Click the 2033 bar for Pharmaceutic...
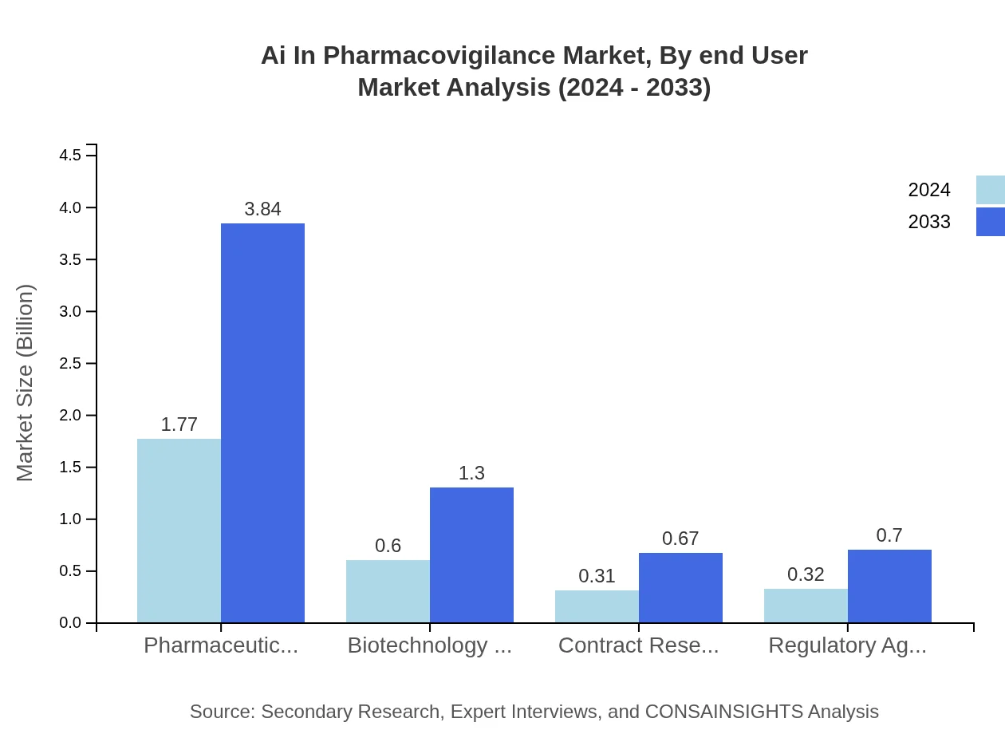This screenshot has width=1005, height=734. pos(262,423)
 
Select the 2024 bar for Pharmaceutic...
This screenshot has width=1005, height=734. pos(179,531)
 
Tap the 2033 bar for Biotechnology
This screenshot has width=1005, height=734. pos(471,554)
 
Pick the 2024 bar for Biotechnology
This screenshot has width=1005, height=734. pos(388,591)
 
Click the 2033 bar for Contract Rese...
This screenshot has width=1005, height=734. pos(680,587)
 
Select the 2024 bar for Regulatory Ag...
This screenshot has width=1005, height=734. pos(806,606)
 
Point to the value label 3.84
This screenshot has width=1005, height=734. pos(262,209)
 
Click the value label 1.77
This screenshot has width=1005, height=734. pos(179,424)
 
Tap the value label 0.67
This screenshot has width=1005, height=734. pos(680,539)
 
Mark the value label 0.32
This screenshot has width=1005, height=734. pos(806,574)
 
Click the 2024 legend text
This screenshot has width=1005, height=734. pos(929,190)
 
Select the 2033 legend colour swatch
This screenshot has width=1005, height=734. pos(990,222)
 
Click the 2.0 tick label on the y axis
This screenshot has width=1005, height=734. pos(71,416)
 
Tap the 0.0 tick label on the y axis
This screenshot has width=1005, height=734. pos(71,623)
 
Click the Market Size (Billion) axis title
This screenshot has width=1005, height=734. pos(26,383)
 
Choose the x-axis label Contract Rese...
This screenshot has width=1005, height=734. pos(638,645)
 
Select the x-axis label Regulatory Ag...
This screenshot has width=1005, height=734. pos(847,645)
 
